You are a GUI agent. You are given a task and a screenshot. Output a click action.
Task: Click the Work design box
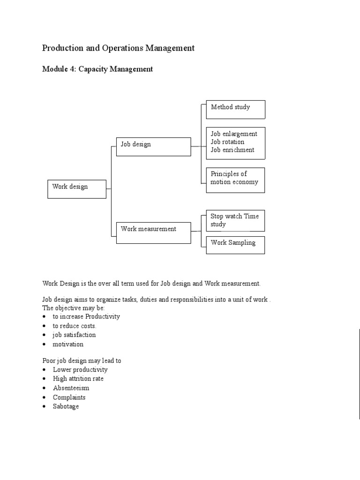tap(77, 188)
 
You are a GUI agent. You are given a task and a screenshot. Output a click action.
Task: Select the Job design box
tap(153, 146)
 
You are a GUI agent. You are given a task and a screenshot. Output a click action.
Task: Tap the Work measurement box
tap(153, 232)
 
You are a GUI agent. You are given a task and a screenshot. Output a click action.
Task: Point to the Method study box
tap(235, 109)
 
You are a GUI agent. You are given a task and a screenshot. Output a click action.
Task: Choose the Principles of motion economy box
tap(235, 180)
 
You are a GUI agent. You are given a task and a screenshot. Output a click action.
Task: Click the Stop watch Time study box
tap(235, 220)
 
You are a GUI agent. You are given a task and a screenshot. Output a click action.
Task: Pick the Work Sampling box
tap(235, 245)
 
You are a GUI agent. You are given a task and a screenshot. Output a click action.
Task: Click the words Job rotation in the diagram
tap(227, 142)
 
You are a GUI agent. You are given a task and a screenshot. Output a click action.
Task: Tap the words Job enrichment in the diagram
tap(232, 150)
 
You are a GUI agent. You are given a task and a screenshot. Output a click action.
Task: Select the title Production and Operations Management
tap(118, 48)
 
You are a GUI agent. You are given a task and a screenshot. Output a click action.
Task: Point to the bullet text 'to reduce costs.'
tap(75, 326)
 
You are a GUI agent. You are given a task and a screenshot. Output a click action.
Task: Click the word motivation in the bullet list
tap(68, 344)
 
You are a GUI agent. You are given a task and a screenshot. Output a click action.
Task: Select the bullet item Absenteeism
tap(71, 388)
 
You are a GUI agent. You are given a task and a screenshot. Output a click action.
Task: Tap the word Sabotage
tap(66, 406)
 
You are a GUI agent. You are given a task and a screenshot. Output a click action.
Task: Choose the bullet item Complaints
tap(69, 397)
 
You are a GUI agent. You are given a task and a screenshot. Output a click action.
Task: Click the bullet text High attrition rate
tap(78, 379)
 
